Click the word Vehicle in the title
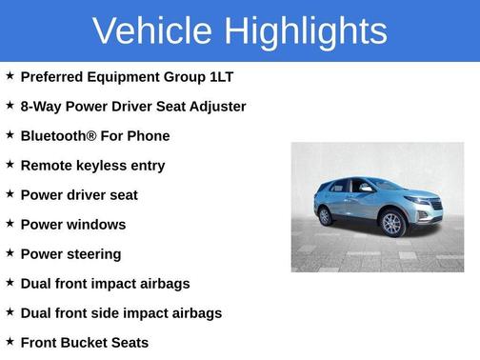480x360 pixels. click(152, 31)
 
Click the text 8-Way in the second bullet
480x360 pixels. click(41, 107)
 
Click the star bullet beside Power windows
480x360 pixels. click(10, 224)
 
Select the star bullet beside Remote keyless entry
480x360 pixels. click(10, 165)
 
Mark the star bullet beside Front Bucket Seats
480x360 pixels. click(10, 341)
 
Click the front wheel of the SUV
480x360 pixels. click(392, 224)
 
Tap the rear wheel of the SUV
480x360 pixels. click(325, 216)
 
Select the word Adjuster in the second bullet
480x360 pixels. click(217, 107)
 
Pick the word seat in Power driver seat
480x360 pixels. click(121, 195)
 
